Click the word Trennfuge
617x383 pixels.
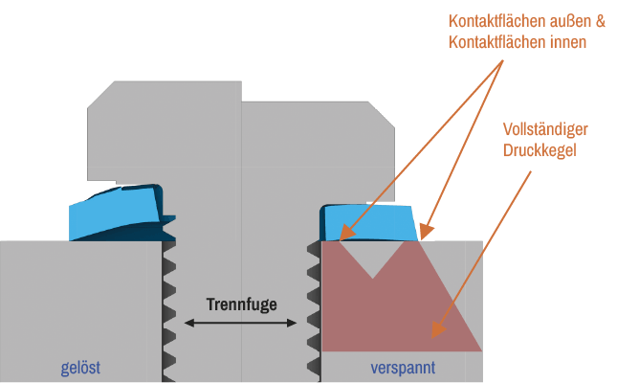241,305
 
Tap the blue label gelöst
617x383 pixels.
80,368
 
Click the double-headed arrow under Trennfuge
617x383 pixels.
241,324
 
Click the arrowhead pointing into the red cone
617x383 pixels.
435,331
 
